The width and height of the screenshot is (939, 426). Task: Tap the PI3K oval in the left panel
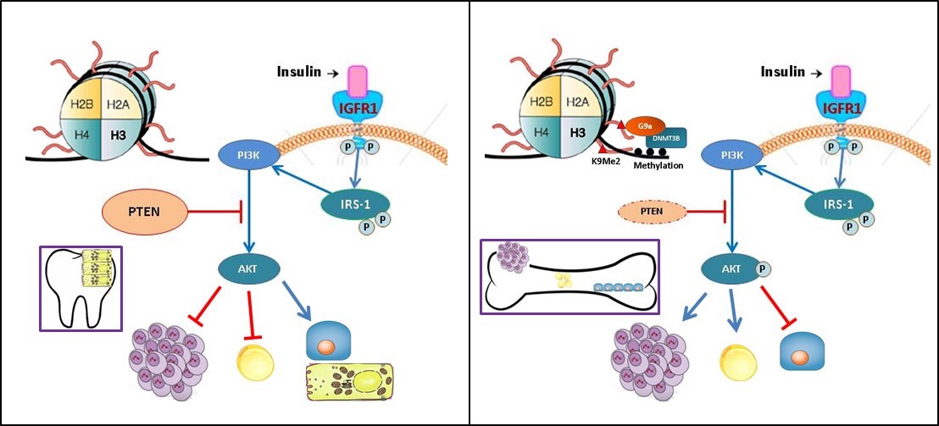click(242, 155)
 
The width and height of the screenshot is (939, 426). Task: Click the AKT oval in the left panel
click(242, 269)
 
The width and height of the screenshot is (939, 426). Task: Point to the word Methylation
click(657, 166)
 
